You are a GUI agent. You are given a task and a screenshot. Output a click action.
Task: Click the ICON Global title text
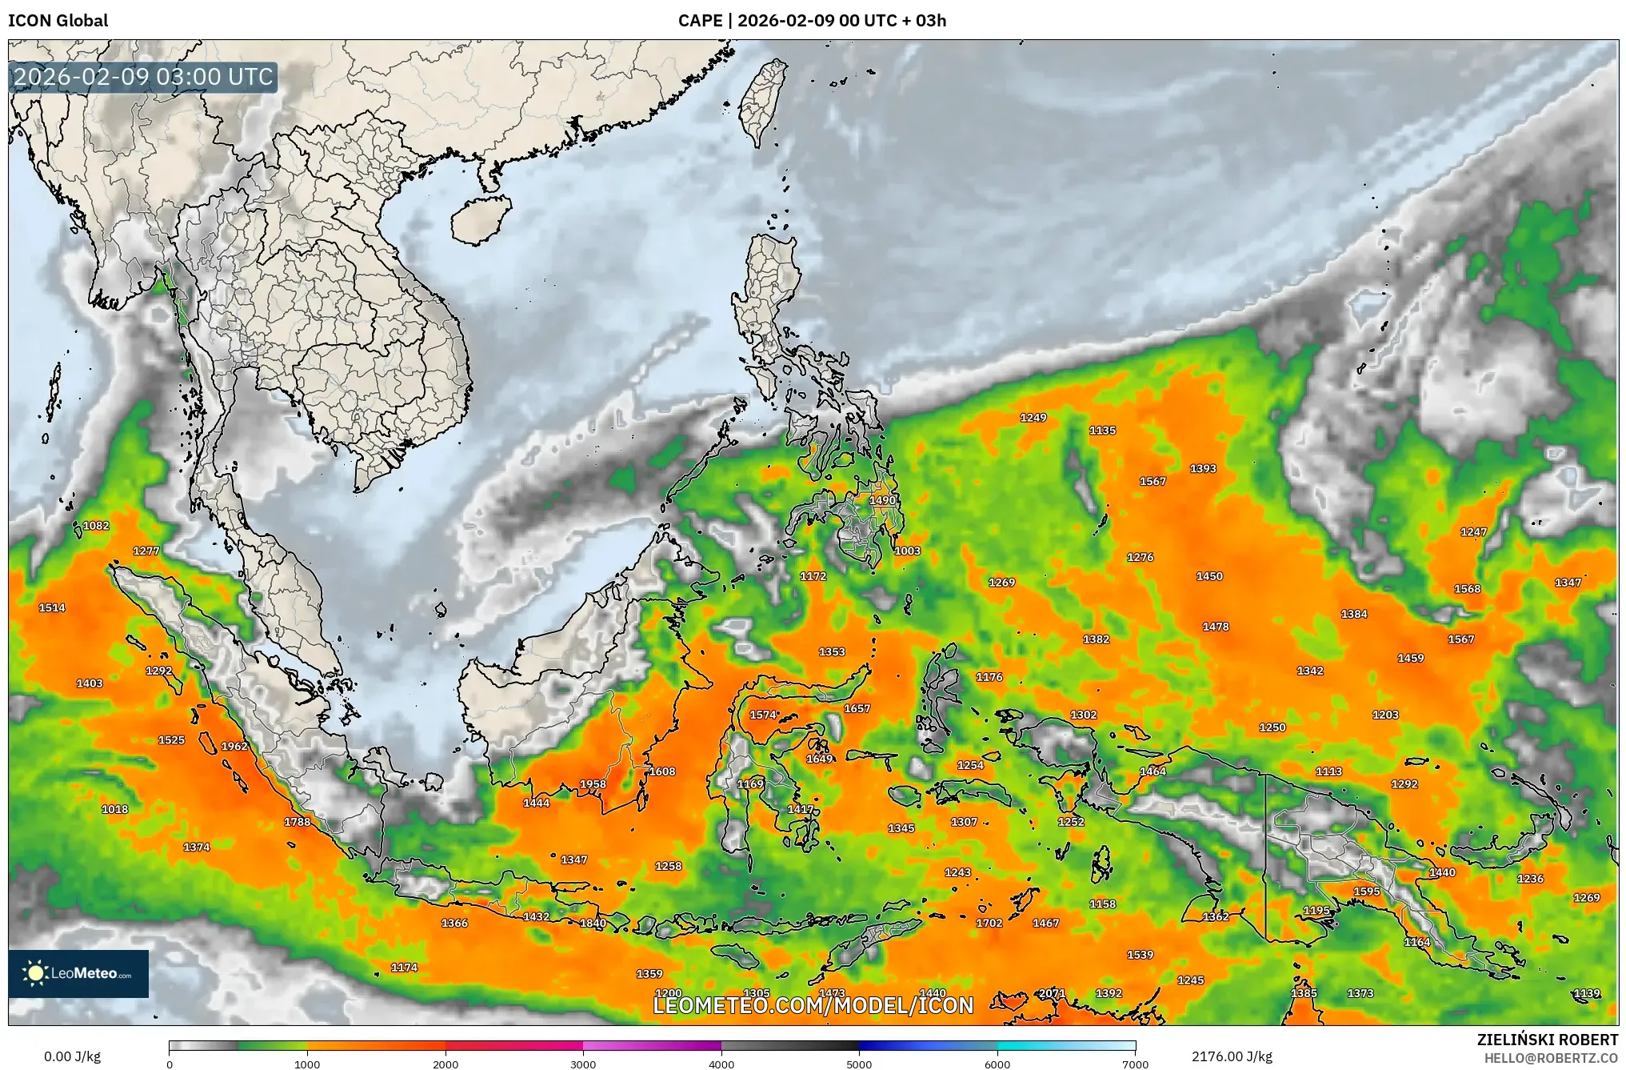pyautogui.click(x=58, y=21)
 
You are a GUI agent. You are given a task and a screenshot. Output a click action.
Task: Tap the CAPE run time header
pyautogui.click(x=812, y=21)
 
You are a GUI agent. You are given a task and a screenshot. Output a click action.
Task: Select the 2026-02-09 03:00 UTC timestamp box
pyautogui.click(x=144, y=77)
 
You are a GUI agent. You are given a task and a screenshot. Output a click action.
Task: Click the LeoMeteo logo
pyautogui.click(x=78, y=973)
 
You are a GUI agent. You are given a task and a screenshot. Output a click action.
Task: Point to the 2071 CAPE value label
pyautogui.click(x=1052, y=993)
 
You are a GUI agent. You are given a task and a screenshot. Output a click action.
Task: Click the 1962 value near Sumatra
pyautogui.click(x=234, y=746)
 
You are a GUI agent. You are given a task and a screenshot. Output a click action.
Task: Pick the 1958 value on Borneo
pyautogui.click(x=593, y=784)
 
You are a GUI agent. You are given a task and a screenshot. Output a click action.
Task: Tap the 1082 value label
pyautogui.click(x=96, y=526)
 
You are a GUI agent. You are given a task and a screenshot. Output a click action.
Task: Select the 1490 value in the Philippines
pyautogui.click(x=882, y=500)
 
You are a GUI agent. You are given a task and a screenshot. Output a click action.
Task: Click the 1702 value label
pyautogui.click(x=989, y=923)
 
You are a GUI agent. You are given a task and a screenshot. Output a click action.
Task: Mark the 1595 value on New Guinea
pyautogui.click(x=1367, y=892)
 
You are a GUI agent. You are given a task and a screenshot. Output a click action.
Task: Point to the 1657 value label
pyautogui.click(x=857, y=708)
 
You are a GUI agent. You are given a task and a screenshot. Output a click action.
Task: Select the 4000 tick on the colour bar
pyautogui.click(x=721, y=1064)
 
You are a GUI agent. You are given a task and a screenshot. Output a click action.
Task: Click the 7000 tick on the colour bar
pyautogui.click(x=1135, y=1064)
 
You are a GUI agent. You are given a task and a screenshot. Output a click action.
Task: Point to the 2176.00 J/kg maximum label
pyautogui.click(x=1231, y=1056)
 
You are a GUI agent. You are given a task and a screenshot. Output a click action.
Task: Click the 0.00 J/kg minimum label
pyautogui.click(x=72, y=1056)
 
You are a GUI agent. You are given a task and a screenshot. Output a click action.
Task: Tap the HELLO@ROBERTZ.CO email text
pyautogui.click(x=1551, y=1058)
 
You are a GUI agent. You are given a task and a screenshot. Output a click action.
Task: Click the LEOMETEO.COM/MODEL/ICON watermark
pyautogui.click(x=813, y=1005)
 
